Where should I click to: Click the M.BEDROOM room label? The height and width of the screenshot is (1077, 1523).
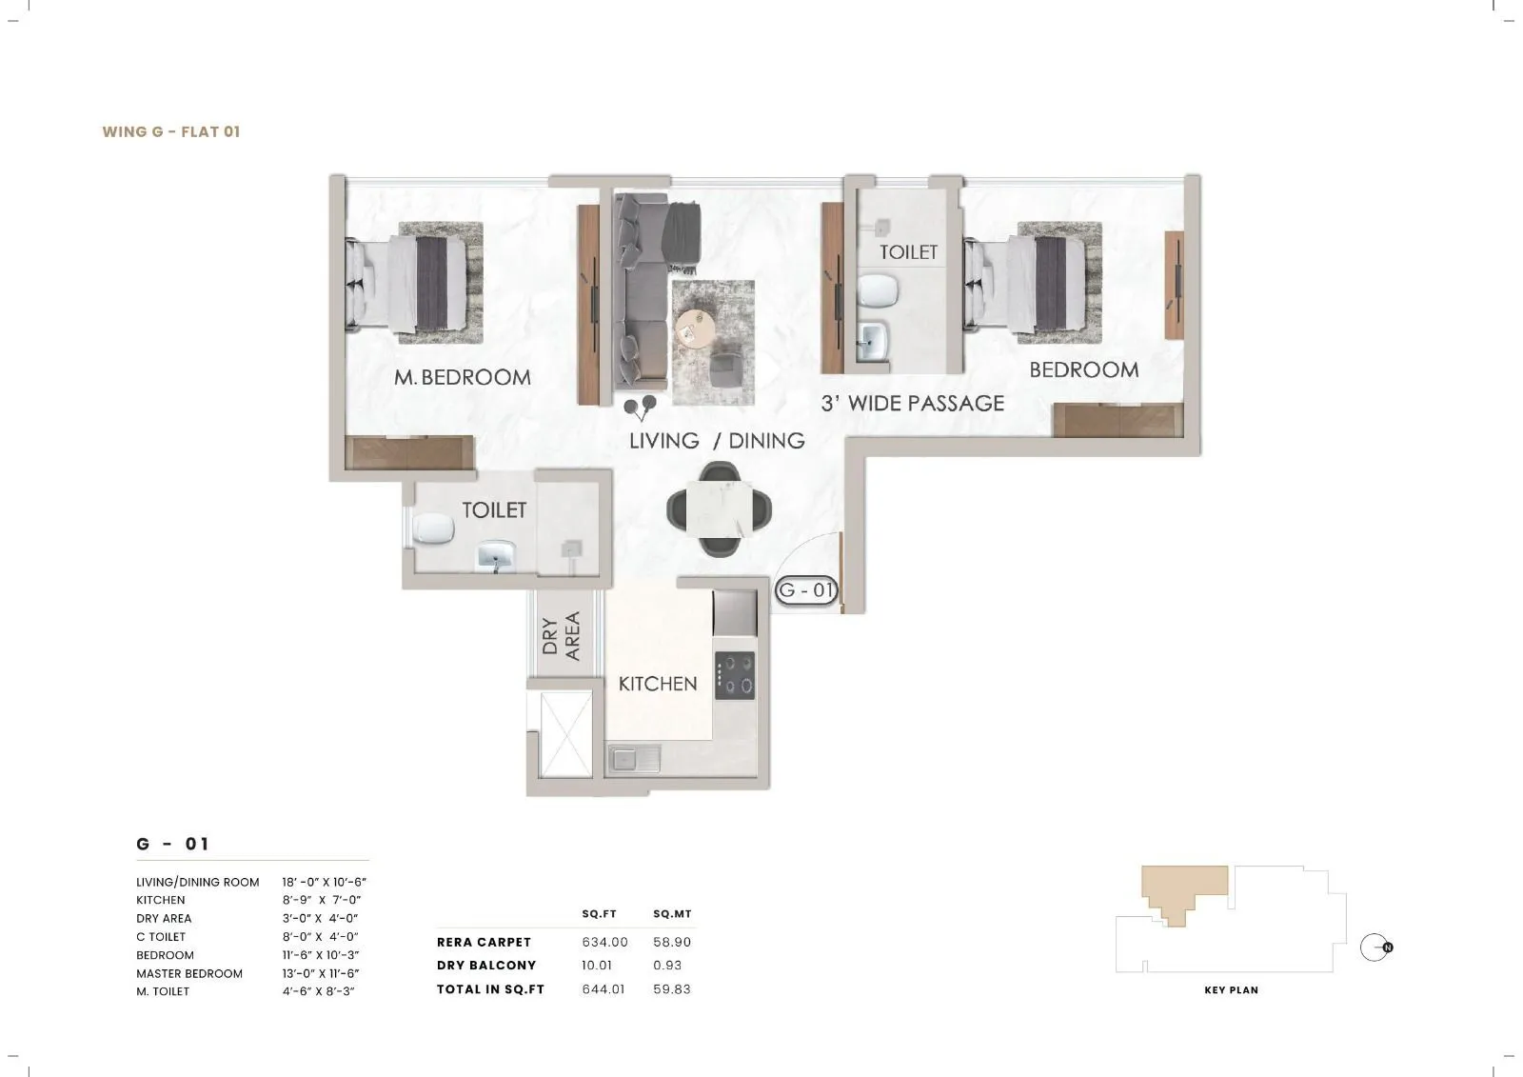click(x=463, y=377)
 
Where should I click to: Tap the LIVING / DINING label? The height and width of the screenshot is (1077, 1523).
click(x=716, y=441)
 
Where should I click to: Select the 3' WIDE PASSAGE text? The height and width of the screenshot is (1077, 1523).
click(x=912, y=404)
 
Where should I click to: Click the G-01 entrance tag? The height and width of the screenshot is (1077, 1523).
click(x=806, y=590)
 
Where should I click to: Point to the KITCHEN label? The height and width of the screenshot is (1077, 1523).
click(x=657, y=684)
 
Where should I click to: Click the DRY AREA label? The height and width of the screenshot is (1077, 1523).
click(x=561, y=636)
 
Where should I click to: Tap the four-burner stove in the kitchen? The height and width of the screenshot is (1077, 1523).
click(x=735, y=675)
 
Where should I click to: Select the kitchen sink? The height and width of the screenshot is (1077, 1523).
click(x=625, y=759)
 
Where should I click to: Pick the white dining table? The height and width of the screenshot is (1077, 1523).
click(x=719, y=508)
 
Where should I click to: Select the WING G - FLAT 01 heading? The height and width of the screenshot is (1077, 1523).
click(x=171, y=131)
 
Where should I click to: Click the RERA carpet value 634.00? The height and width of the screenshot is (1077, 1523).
click(x=604, y=942)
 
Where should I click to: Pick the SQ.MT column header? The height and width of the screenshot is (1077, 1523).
click(x=672, y=914)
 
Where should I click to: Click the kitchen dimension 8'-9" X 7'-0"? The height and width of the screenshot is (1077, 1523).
click(x=322, y=900)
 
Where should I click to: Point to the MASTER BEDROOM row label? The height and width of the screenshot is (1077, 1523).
click(x=188, y=973)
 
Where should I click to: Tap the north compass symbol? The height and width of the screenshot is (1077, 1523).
click(x=1375, y=947)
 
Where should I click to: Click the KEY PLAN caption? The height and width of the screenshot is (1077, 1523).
click(x=1231, y=990)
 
